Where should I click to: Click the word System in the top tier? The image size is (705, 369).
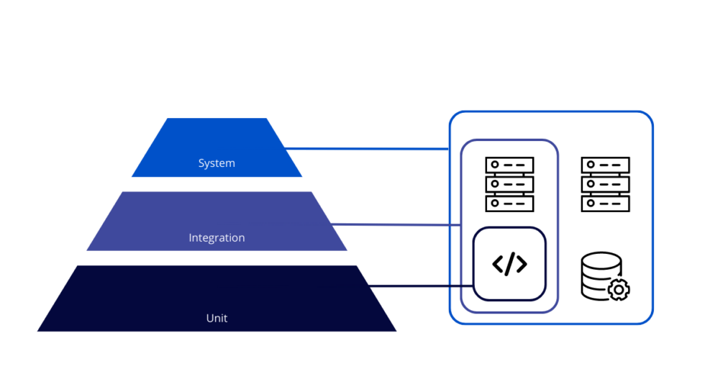pyautogui.click(x=217, y=163)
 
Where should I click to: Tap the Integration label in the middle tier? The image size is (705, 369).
pyautogui.click(x=217, y=237)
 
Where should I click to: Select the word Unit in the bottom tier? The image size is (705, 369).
pyautogui.click(x=217, y=317)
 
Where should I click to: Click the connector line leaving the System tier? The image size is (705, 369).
pyautogui.click(x=367, y=150)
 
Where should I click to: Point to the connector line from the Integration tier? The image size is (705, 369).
pyautogui.click(x=396, y=225)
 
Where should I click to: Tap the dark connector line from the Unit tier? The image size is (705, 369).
pyautogui.click(x=417, y=286)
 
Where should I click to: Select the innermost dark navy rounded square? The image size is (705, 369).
pyautogui.click(x=509, y=264)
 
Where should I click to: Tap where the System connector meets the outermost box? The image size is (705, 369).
pyautogui.click(x=450, y=150)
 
